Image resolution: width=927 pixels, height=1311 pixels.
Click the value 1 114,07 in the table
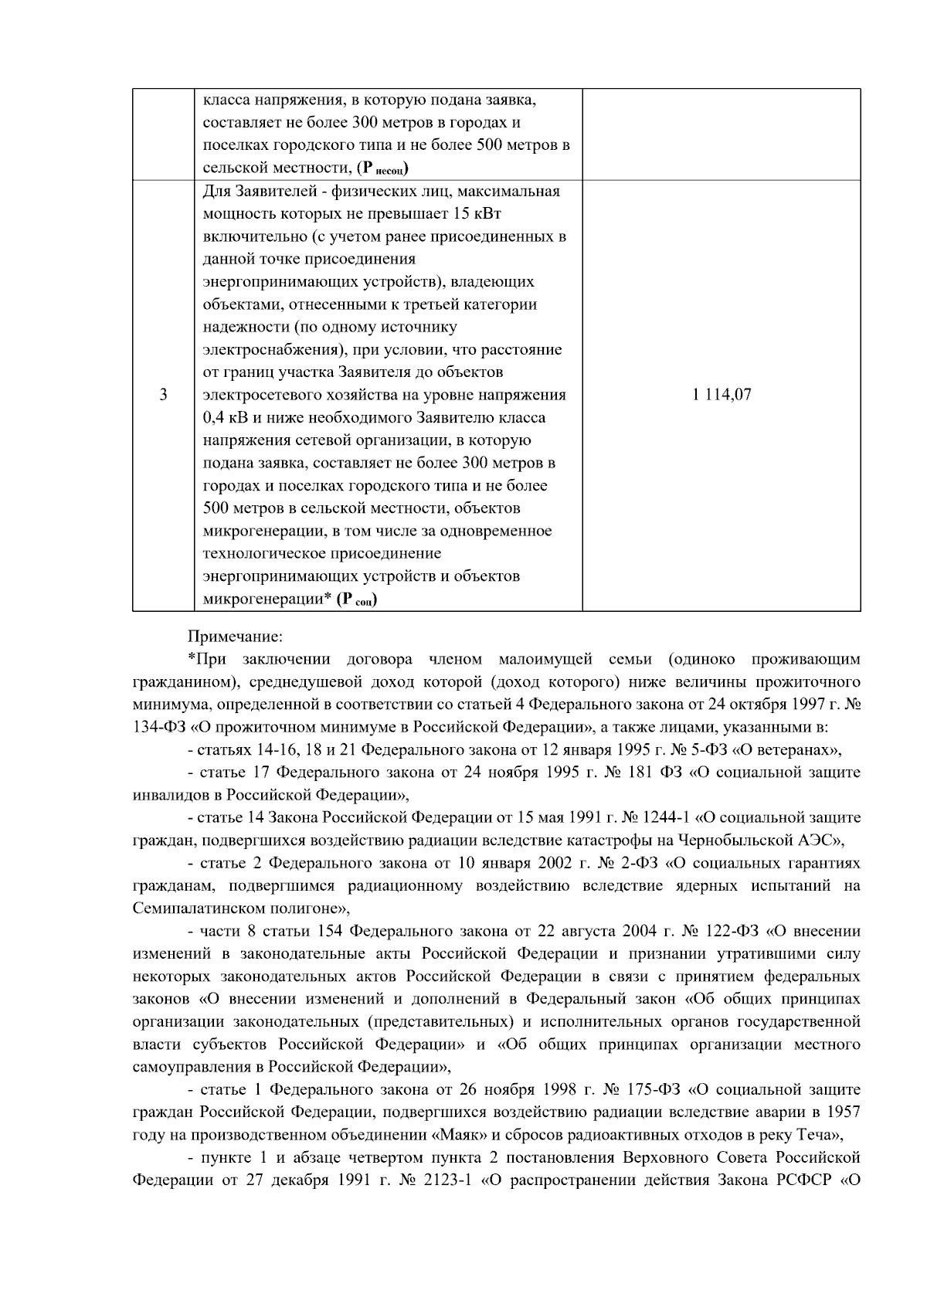pos(722,396)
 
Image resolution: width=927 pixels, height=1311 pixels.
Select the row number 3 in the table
pos(163,396)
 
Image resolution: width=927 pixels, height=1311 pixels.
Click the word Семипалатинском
pos(192,908)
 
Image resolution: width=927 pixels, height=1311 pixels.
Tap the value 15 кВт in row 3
pos(479,214)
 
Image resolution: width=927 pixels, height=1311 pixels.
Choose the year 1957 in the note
pos(843,1112)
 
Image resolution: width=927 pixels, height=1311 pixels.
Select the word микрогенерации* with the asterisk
pos(267,599)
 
